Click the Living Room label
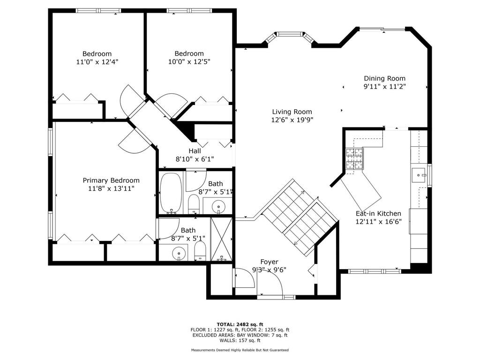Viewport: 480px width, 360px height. click(x=292, y=112)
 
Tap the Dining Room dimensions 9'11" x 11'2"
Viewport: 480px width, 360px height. click(x=384, y=87)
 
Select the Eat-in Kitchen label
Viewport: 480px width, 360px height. click(x=378, y=214)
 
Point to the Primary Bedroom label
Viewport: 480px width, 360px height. click(x=111, y=180)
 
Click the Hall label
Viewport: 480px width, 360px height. click(x=195, y=151)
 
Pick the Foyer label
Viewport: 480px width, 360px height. click(x=269, y=262)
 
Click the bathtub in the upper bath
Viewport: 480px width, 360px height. click(x=171, y=193)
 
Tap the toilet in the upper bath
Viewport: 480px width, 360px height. click(x=194, y=204)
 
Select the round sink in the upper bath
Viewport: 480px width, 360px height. click(x=218, y=205)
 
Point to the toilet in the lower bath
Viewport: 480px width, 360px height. click(x=200, y=251)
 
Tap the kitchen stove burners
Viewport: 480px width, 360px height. click(x=354, y=158)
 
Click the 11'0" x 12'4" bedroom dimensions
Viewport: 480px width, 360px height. click(x=97, y=62)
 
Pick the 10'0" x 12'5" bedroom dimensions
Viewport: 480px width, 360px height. click(x=189, y=62)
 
